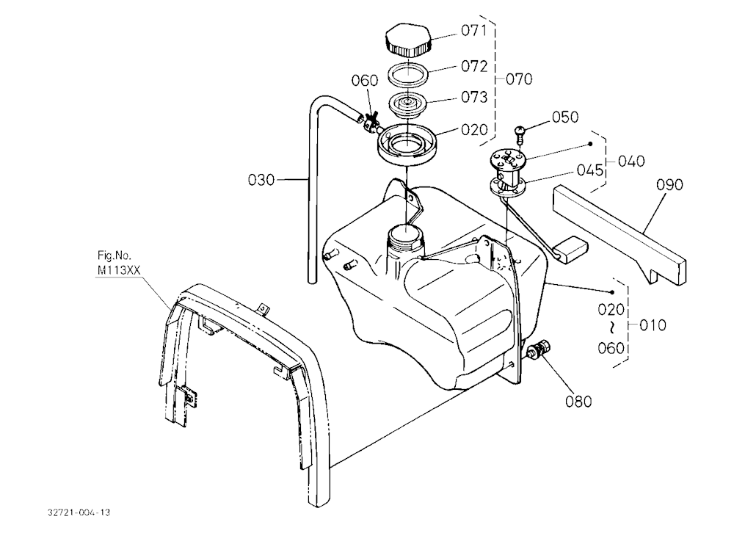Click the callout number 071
474,30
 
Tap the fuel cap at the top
407,42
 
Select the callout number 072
474,67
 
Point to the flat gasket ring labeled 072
407,74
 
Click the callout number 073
474,98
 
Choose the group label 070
519,79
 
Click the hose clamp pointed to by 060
373,121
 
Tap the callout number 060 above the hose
365,81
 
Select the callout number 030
261,180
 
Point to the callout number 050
565,117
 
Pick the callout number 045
590,170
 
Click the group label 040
631,161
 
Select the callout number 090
669,185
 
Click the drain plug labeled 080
538,350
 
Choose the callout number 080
578,402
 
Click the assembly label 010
653,325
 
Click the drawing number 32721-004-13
79,512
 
